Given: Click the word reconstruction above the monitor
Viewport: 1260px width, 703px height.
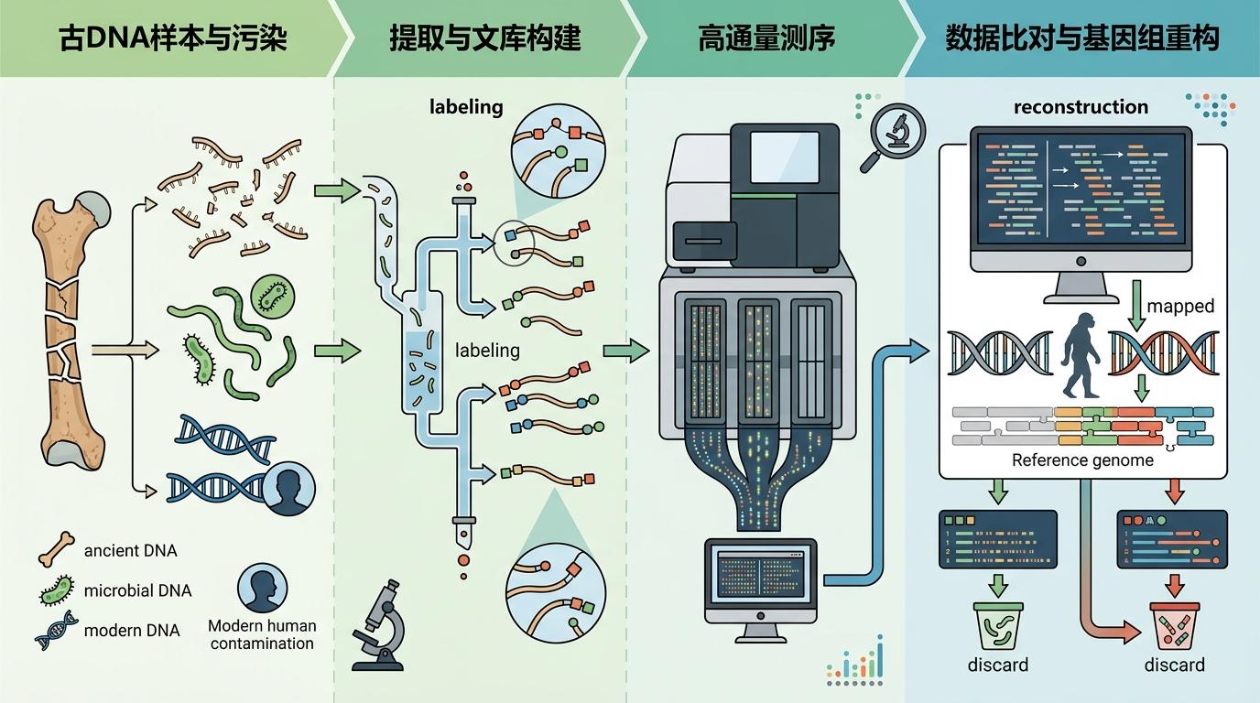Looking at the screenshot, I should click(x=1081, y=107).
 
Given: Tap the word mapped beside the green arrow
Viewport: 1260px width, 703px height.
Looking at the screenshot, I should click(x=1180, y=306).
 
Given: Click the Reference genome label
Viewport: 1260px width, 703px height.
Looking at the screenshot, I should click(x=1082, y=460).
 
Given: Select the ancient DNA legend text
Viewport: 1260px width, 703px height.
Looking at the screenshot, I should click(x=130, y=551).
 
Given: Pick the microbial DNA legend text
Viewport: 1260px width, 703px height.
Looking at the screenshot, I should click(x=137, y=590).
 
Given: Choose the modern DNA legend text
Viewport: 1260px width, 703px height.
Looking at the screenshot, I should click(x=131, y=630).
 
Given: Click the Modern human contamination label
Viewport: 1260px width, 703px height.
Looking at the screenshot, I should click(x=262, y=634).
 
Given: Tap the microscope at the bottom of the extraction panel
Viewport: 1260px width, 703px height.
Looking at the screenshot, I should click(x=382, y=624).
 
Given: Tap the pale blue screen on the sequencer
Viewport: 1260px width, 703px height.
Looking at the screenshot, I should click(x=784, y=157).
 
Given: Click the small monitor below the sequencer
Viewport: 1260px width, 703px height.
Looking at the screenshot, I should click(x=760, y=580).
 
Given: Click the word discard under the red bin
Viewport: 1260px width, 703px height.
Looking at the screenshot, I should click(x=1175, y=665).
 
